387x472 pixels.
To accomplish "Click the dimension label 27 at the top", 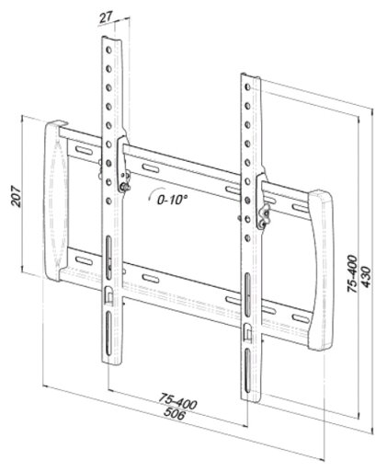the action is click(x=107, y=17).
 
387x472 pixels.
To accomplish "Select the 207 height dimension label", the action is click(x=16, y=196).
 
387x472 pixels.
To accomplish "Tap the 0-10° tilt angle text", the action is click(x=172, y=200).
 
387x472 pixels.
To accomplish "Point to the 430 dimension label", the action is click(x=366, y=277).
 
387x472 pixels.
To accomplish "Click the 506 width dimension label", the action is click(x=175, y=413).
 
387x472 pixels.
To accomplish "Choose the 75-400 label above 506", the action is click(x=177, y=402).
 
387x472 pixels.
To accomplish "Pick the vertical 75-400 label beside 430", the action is click(x=352, y=274).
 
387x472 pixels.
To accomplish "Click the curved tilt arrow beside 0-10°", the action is click(x=154, y=194).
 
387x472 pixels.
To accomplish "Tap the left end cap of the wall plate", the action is click(x=56, y=201).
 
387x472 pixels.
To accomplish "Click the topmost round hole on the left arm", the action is click(x=108, y=50).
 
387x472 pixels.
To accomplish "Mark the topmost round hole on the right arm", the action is click(x=247, y=87).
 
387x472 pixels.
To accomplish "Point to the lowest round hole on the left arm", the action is click(x=108, y=201).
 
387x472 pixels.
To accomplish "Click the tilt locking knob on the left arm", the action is click(x=124, y=187).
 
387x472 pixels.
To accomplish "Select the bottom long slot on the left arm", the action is click(x=108, y=334).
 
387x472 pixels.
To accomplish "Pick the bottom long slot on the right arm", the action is click(x=247, y=372).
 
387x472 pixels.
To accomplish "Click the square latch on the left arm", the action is click(x=108, y=295).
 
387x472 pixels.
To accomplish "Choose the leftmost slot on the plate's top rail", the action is click(x=84, y=151).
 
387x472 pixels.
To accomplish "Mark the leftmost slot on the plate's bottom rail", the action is click(x=84, y=261).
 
